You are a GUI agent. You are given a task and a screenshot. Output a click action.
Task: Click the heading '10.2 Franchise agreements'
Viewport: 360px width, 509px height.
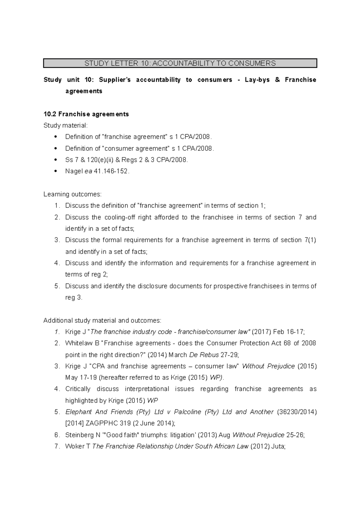click(x=86, y=114)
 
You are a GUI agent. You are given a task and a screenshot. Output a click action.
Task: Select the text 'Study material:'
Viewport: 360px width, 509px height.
click(x=66, y=125)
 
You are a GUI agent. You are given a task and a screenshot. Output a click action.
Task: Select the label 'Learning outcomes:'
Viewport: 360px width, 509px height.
click(x=73, y=194)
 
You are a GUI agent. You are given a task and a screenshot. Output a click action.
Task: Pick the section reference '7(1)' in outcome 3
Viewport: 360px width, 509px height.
click(x=310, y=240)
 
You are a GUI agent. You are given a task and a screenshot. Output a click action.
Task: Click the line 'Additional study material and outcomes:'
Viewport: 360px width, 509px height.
click(x=102, y=320)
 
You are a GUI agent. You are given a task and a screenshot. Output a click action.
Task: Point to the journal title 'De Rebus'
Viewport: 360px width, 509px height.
click(x=204, y=355)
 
